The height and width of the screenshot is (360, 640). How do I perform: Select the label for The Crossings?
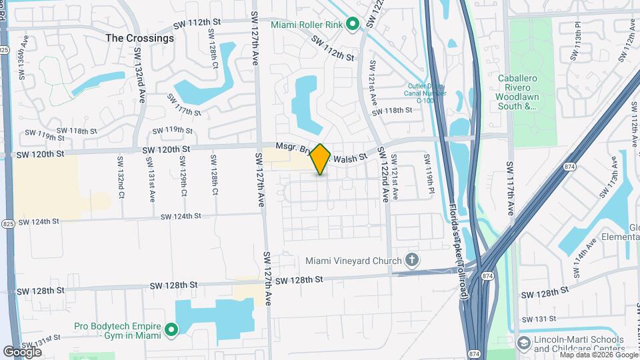pos(140,38)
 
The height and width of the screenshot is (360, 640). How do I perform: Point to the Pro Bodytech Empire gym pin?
pos(171,329)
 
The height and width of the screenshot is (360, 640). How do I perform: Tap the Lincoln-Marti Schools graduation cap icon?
pos(524,343)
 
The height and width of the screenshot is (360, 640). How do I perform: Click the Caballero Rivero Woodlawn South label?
pos(527,92)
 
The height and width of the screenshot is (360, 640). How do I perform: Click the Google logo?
pos(23,351)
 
